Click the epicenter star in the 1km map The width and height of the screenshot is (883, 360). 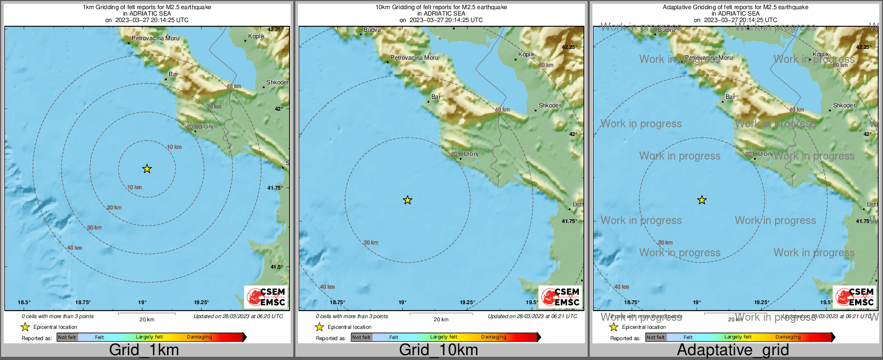(147, 169)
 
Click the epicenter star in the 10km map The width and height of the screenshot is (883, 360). (408, 200)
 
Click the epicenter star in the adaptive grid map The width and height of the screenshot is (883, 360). (702, 200)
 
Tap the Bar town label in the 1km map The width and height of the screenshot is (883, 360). (173, 74)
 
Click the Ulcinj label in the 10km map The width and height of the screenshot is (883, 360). (471, 154)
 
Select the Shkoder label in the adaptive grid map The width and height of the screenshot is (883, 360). (844, 105)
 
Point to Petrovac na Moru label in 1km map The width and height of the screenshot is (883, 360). (156, 38)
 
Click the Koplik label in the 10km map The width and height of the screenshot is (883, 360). (526, 54)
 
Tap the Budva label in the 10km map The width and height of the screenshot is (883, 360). (372, 30)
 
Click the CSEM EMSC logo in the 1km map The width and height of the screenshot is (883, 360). (266, 297)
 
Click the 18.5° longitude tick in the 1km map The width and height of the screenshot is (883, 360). (24, 303)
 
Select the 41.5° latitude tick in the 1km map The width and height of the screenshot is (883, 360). (277, 267)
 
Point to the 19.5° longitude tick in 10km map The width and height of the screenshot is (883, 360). (532, 303)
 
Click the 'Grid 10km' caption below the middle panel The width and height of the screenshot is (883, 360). (438, 350)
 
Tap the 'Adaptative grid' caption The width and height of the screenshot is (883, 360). (733, 350)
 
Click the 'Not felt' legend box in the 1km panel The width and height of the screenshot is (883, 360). (67, 337)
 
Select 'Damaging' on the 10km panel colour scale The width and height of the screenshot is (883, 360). (494, 337)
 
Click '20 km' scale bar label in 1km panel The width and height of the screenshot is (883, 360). (147, 319)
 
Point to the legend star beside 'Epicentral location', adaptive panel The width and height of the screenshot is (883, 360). (614, 327)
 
